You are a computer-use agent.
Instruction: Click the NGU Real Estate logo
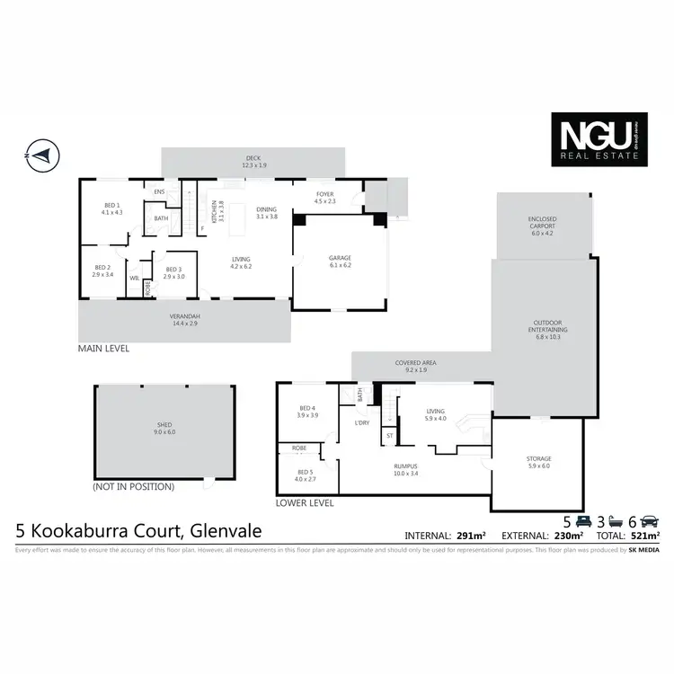[599, 140]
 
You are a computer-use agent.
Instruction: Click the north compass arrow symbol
[41, 155]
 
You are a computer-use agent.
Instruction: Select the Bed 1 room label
[111, 209]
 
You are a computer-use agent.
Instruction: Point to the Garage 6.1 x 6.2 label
[339, 262]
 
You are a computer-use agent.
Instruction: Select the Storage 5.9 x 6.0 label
[539, 462]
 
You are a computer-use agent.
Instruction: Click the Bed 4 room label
[308, 412]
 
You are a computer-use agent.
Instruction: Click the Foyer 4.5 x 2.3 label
[324, 198]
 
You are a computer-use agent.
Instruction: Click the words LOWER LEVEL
[305, 503]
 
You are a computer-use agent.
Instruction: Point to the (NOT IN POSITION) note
[133, 486]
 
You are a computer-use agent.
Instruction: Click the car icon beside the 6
[650, 521]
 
